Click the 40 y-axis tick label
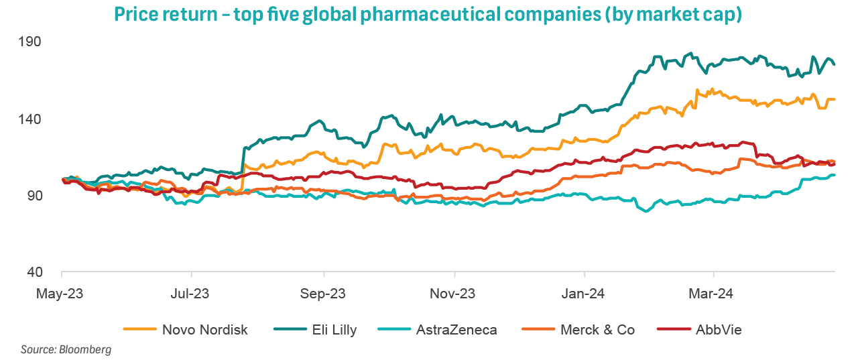coord(53,272)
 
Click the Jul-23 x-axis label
coord(192,294)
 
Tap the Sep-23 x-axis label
coord(324,294)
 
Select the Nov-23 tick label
coord(454,294)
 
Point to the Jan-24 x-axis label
coord(585,294)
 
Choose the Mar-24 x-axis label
coord(715,294)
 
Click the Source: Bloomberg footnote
coord(66,349)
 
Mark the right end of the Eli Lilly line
coord(834,64)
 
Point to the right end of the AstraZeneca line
coord(834,175)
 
